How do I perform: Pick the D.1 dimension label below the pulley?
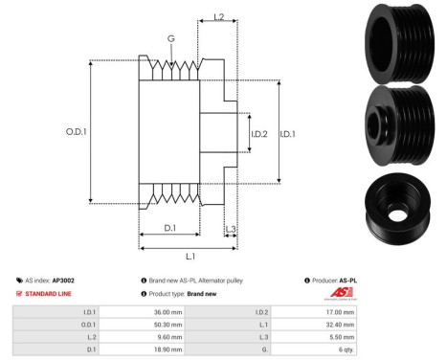pos(169,227)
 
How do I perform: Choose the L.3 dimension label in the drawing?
pos(232,227)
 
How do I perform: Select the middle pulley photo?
pos(400,121)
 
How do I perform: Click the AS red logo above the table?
pos(342,292)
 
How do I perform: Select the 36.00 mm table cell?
pos(169,312)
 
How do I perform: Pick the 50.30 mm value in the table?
pos(169,325)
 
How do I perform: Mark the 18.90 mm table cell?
pos(169,350)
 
